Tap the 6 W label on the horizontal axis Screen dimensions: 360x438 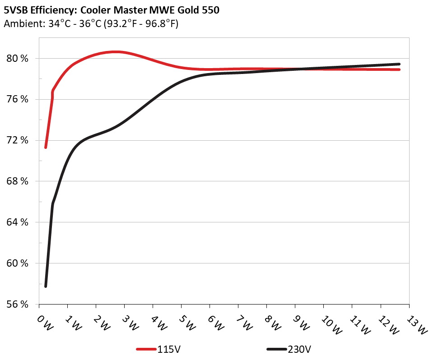[216, 323]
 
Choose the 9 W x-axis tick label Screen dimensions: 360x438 [301, 323]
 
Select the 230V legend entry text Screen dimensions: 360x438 [299, 349]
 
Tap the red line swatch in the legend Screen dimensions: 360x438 [146, 349]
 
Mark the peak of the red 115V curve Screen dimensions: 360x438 [116, 52]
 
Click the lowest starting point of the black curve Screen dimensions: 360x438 [46, 286]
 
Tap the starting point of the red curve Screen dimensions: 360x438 [46, 147]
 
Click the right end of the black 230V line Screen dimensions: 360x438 [399, 64]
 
